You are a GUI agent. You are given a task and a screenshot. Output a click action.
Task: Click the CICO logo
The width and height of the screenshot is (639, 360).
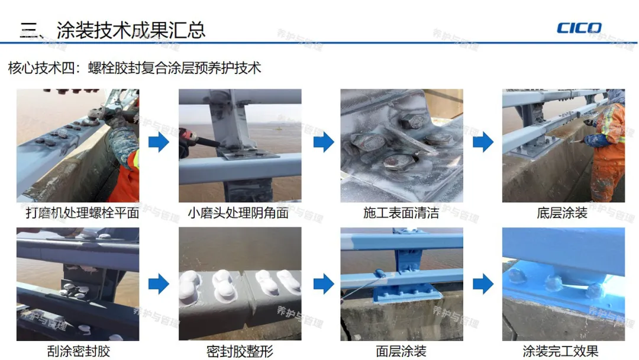(x=579, y=28)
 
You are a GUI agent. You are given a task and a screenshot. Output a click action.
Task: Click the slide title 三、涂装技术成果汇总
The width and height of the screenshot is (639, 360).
(x=112, y=30)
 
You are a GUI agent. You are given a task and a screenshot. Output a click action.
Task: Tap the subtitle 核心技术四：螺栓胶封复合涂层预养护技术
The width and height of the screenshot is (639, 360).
(x=134, y=67)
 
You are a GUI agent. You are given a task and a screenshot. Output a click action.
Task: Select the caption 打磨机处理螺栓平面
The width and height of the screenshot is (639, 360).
(x=82, y=213)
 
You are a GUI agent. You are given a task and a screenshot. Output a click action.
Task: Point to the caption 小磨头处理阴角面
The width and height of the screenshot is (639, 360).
(x=238, y=213)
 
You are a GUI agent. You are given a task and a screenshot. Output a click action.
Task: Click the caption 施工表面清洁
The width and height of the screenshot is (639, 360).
(x=401, y=213)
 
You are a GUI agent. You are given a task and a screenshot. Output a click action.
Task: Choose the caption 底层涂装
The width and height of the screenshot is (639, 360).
(x=562, y=213)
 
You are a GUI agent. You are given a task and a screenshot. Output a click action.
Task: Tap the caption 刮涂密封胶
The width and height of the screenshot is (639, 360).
(x=79, y=351)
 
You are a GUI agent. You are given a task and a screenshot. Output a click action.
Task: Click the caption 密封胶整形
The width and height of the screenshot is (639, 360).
(x=240, y=351)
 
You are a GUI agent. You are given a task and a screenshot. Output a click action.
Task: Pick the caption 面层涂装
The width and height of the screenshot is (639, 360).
(x=401, y=351)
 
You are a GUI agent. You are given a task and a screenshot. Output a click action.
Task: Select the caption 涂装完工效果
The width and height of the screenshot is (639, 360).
(x=560, y=351)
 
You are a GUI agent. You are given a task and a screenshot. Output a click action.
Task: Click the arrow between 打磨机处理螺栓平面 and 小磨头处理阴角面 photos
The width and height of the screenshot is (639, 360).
(x=159, y=142)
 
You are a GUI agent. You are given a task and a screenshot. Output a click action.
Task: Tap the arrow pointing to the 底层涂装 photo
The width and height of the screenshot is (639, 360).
(x=483, y=142)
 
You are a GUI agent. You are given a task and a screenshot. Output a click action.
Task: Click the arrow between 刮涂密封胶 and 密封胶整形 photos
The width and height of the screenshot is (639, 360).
(x=159, y=284)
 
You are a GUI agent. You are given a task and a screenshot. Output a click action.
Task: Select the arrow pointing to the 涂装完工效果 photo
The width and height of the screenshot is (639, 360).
(x=483, y=284)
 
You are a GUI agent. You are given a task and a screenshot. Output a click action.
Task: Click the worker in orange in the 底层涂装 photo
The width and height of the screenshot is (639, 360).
(x=605, y=147)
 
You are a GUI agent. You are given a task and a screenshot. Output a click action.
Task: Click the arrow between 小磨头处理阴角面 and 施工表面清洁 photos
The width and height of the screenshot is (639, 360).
(x=324, y=142)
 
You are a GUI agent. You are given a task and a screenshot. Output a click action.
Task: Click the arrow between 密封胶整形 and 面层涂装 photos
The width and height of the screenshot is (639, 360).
(x=324, y=284)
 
